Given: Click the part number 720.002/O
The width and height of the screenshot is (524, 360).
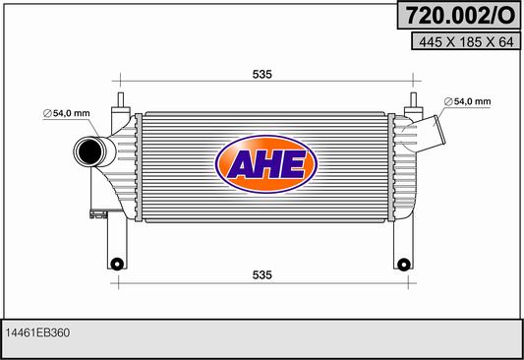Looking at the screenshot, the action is point(460,15).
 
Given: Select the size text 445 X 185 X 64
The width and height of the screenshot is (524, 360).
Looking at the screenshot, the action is point(466,41).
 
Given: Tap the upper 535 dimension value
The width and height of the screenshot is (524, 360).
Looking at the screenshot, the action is point(262,74).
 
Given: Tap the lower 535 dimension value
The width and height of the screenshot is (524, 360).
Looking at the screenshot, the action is point(262,274).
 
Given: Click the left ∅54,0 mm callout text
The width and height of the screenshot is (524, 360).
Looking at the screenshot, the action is point(67,113).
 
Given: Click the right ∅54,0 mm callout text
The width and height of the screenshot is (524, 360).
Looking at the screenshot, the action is point(468,101).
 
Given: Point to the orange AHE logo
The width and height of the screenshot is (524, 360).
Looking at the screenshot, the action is point(266,164).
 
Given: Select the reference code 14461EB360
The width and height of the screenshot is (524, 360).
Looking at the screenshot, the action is point(37,332).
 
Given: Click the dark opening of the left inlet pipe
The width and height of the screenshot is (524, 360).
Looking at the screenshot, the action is point(89,152).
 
